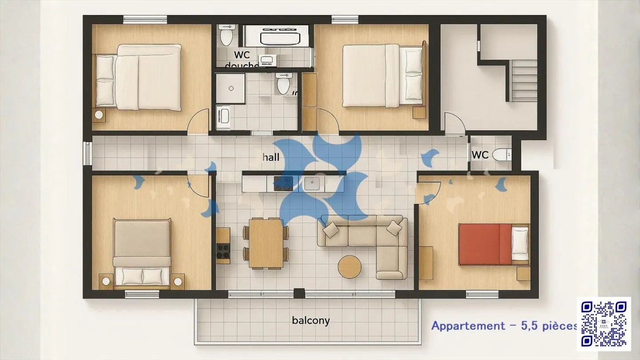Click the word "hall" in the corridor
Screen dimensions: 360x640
coord(271,157)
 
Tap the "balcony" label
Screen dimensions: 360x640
coord(311,320)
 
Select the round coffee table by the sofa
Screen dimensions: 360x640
coord(349,267)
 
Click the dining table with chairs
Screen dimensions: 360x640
coord(266,243)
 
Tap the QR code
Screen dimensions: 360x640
coord(604,324)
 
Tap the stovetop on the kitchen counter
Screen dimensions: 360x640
coord(284,183)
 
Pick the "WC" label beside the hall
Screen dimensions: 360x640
coord(480,155)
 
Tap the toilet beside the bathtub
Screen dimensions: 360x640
coord(226,36)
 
